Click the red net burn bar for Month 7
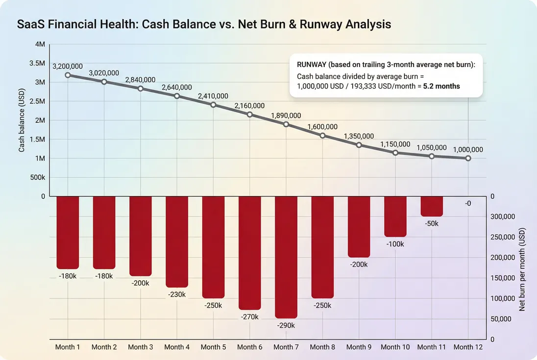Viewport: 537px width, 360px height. (286, 257)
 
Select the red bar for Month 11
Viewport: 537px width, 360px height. (432, 206)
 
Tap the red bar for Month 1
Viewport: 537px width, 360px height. (68, 232)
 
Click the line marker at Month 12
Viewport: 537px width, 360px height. (468, 158)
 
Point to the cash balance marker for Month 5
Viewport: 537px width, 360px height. (213, 105)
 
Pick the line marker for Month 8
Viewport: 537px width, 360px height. (322, 135)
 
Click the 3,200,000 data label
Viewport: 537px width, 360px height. (67, 66)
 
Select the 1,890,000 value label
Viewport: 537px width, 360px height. (286, 115)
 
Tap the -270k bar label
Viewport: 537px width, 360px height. (249, 317)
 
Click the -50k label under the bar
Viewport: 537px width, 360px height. (432, 223)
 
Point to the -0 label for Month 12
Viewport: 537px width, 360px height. (468, 203)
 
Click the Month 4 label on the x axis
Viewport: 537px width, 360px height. (177, 347)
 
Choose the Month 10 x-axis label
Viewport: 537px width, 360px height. (395, 347)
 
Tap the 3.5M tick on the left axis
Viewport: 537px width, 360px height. (37, 63)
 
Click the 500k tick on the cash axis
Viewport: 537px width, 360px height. (37, 177)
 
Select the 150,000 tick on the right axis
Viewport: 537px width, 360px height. (502, 278)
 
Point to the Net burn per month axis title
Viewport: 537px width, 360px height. (522, 270)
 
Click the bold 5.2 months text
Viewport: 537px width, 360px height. (441, 86)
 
